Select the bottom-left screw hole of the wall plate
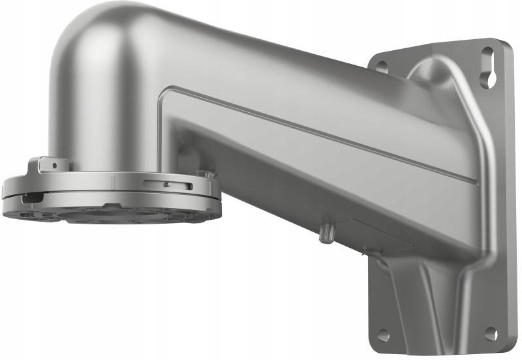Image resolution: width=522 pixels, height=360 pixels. pos(383,335)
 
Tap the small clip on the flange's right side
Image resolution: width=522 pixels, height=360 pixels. pos(206,175)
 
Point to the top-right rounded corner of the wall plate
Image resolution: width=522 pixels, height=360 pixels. pos(506,46)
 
